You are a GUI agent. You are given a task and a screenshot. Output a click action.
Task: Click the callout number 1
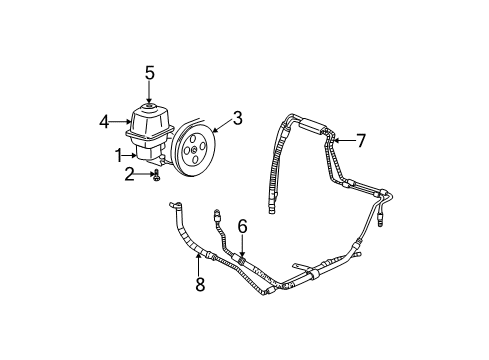[118, 156]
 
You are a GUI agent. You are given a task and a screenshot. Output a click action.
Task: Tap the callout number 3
[238, 119]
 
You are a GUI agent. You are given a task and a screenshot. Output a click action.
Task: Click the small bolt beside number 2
[157, 176]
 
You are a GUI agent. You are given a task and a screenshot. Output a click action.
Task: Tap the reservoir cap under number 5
[148, 104]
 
